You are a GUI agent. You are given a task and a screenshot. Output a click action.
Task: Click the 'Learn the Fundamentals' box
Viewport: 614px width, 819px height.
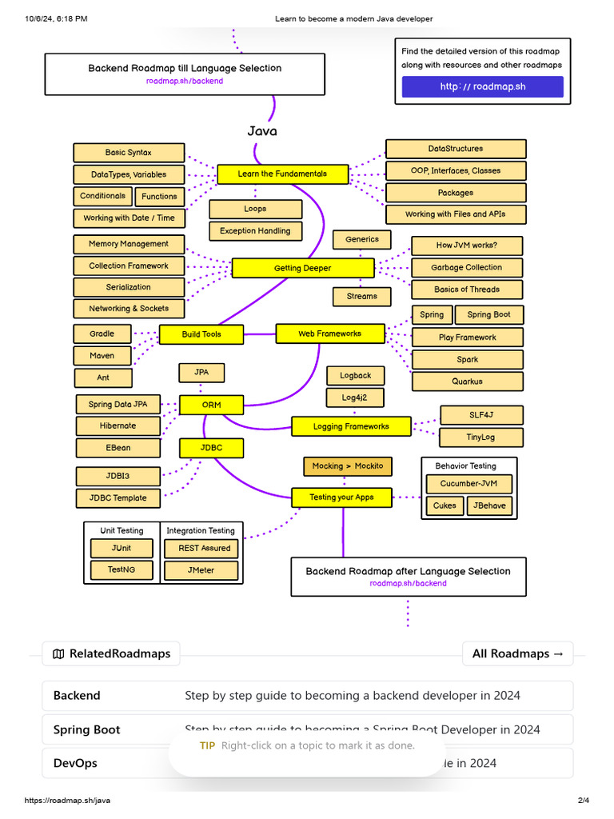[x=282, y=174]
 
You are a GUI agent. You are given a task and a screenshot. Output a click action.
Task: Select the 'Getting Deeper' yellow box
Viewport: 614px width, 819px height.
[x=302, y=268]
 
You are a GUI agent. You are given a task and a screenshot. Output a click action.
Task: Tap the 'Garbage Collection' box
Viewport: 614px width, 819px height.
[x=467, y=267]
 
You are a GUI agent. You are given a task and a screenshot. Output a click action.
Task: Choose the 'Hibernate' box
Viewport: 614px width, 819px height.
[x=118, y=425]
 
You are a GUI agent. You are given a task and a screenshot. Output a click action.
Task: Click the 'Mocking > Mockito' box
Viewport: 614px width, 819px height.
[x=348, y=465]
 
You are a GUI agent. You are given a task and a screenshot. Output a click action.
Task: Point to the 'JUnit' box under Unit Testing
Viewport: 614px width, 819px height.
[x=122, y=548]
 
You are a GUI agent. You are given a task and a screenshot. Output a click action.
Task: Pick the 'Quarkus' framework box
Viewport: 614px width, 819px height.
[x=467, y=382]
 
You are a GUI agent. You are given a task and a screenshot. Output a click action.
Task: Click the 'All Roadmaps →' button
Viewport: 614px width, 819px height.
[x=517, y=653]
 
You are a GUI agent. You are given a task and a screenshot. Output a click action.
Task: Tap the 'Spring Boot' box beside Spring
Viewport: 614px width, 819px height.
[x=488, y=314]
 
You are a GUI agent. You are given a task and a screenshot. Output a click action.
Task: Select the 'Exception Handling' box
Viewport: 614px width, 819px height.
[x=256, y=230]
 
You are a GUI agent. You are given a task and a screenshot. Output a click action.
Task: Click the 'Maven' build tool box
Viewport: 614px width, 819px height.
[x=102, y=355]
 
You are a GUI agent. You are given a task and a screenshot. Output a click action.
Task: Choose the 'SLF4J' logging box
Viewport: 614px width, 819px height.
[x=482, y=415]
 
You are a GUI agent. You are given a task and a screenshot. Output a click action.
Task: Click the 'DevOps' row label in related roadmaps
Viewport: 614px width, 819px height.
[x=75, y=763]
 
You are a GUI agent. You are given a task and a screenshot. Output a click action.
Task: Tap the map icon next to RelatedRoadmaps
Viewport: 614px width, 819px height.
[x=58, y=653]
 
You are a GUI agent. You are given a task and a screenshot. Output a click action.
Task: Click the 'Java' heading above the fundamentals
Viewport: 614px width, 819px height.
[x=262, y=131]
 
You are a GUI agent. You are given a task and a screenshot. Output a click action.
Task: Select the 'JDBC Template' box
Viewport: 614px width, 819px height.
[x=118, y=497]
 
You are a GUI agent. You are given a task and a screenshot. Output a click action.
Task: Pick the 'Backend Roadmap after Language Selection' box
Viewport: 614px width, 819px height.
[x=408, y=576]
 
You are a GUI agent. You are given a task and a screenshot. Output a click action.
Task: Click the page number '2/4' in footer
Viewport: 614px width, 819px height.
[x=583, y=801]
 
